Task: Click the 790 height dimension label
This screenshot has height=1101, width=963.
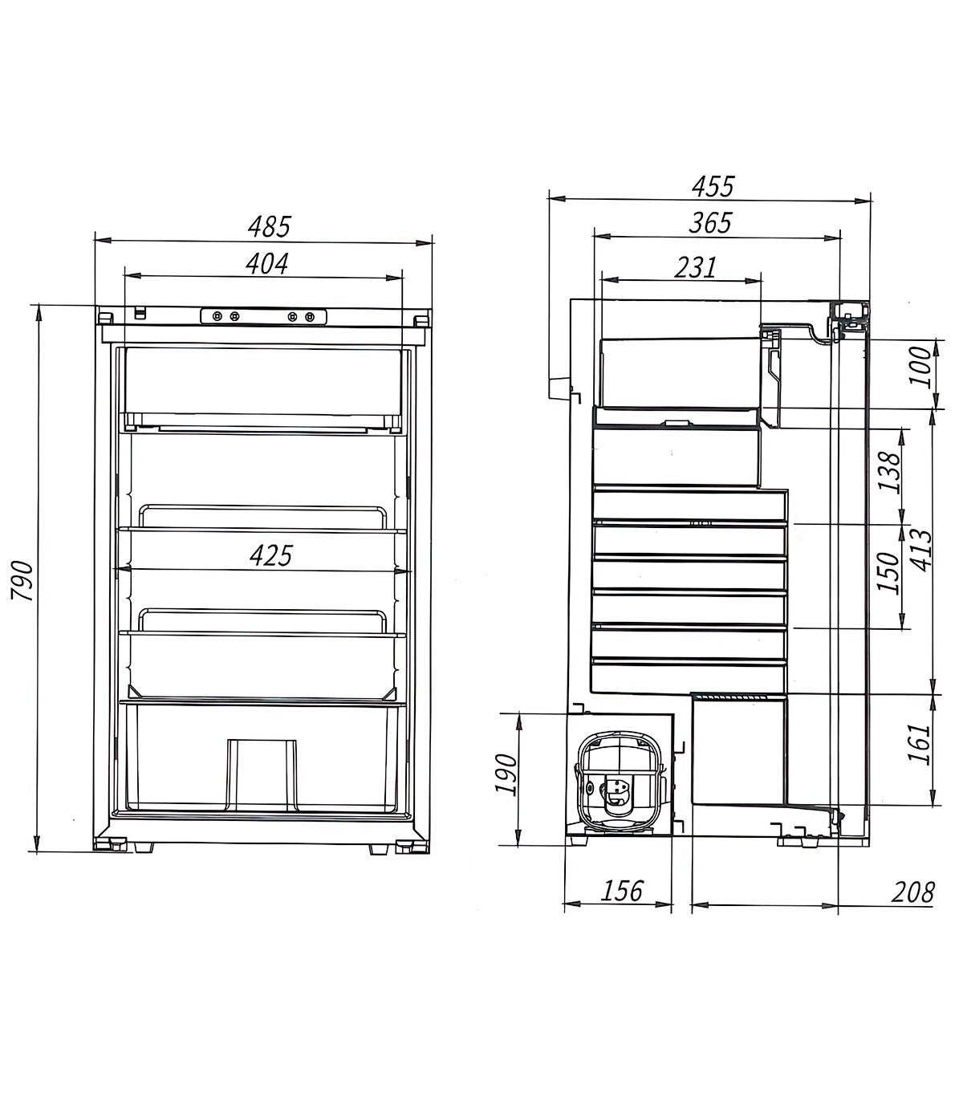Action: coord(23,581)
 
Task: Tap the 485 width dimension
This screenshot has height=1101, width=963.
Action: coord(269,227)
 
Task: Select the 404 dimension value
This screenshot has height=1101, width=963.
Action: coord(267,264)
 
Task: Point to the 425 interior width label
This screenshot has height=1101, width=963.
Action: coord(270,556)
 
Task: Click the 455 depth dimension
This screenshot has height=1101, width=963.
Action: coord(713,187)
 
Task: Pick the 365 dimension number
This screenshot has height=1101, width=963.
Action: coord(711,223)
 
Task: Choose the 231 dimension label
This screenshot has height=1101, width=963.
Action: coord(696,267)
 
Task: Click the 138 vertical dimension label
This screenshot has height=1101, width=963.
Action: coord(888,473)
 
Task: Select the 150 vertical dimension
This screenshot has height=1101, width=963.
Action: coord(888,572)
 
